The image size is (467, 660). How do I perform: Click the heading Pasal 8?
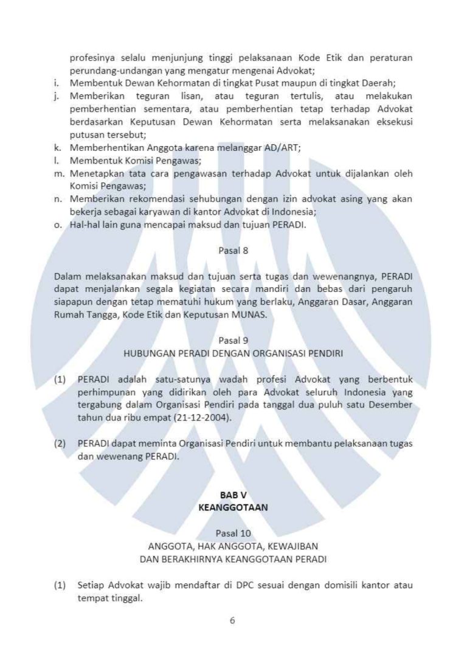coord(233,249)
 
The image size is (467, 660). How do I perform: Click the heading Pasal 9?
coord(233,341)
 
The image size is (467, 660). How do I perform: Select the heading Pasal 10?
coord(233,533)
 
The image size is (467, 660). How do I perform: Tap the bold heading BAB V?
coord(233,495)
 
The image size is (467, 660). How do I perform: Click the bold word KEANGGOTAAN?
coord(233,507)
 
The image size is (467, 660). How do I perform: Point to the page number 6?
coord(232,620)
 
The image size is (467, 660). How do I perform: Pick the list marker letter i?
coord(57,83)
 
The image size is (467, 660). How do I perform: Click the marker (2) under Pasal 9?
coord(60,443)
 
